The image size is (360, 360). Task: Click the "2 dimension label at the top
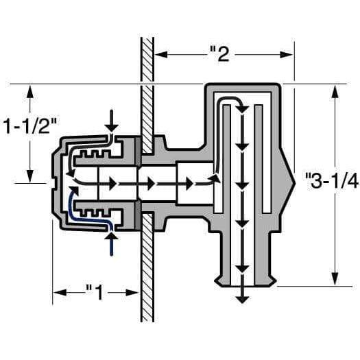[x=219, y=53]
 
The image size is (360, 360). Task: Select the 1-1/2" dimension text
[x=29, y=126]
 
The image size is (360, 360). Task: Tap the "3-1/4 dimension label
[x=332, y=182]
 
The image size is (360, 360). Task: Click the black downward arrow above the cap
[x=112, y=123]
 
